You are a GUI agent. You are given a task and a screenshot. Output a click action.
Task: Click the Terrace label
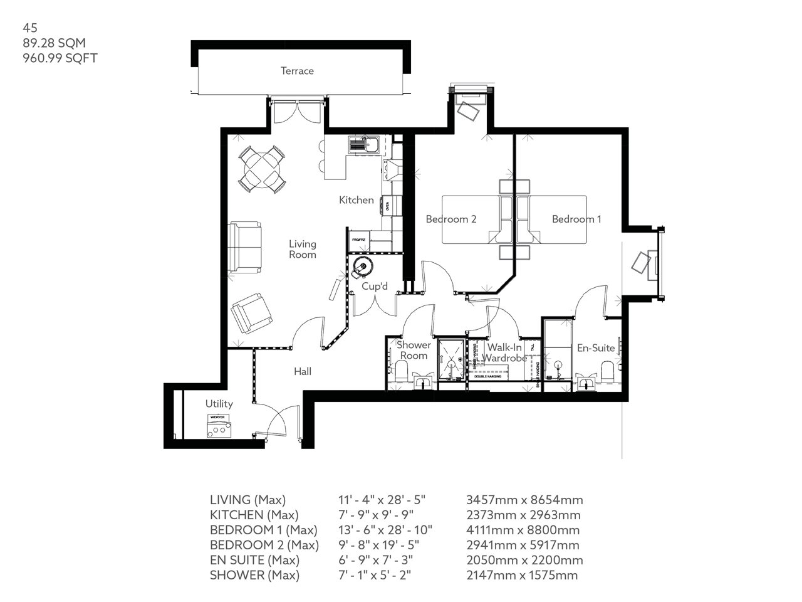tap(297, 71)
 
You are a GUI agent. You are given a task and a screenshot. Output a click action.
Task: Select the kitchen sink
tap(364, 144)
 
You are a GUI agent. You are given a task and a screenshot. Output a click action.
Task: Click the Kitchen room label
tap(357, 200)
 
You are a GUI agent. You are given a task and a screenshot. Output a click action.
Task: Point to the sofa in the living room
tap(246, 248)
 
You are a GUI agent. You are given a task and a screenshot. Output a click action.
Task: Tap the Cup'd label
tap(375, 287)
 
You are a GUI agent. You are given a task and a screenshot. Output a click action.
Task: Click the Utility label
tap(219, 404)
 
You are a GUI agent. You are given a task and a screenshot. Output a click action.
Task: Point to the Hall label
tap(303, 372)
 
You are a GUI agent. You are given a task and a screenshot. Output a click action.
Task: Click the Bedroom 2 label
tap(451, 219)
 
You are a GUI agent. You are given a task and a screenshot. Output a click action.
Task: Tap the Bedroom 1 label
tap(576, 219)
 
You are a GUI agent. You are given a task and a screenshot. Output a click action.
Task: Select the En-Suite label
tap(596, 348)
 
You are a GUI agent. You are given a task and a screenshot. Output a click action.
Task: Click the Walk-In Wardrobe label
tap(506, 352)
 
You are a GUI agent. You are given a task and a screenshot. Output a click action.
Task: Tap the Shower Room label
tap(414, 350)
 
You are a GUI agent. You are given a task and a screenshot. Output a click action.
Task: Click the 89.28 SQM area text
tap(54, 43)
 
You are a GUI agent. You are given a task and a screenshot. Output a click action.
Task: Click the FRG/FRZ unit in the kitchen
tap(358, 239)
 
